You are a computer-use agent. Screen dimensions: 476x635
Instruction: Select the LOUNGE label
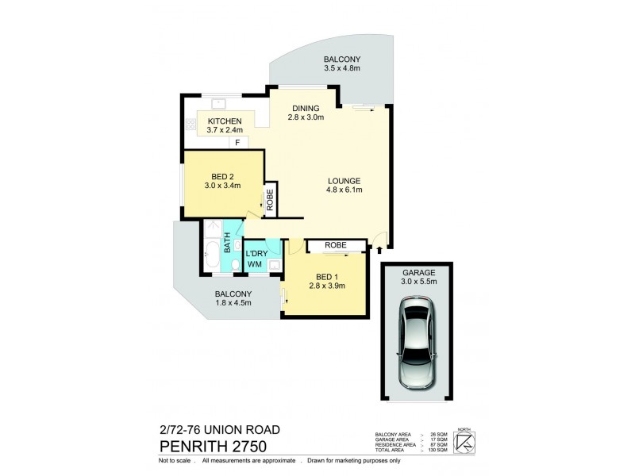[x=343, y=180]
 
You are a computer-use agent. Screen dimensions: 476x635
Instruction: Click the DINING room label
[x=305, y=109]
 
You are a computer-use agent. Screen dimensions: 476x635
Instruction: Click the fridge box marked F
[x=237, y=142]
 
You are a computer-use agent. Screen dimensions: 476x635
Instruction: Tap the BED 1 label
[x=326, y=277]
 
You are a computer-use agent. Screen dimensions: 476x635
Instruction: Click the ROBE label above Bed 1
[x=335, y=246]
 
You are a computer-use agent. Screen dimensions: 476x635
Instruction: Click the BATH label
[x=227, y=241]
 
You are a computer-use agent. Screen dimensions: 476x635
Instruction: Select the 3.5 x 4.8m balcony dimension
[x=342, y=69]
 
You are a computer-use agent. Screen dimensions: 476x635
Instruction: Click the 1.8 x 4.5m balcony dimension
[x=233, y=301]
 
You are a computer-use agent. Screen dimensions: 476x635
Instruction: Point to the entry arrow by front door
[x=368, y=251]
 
